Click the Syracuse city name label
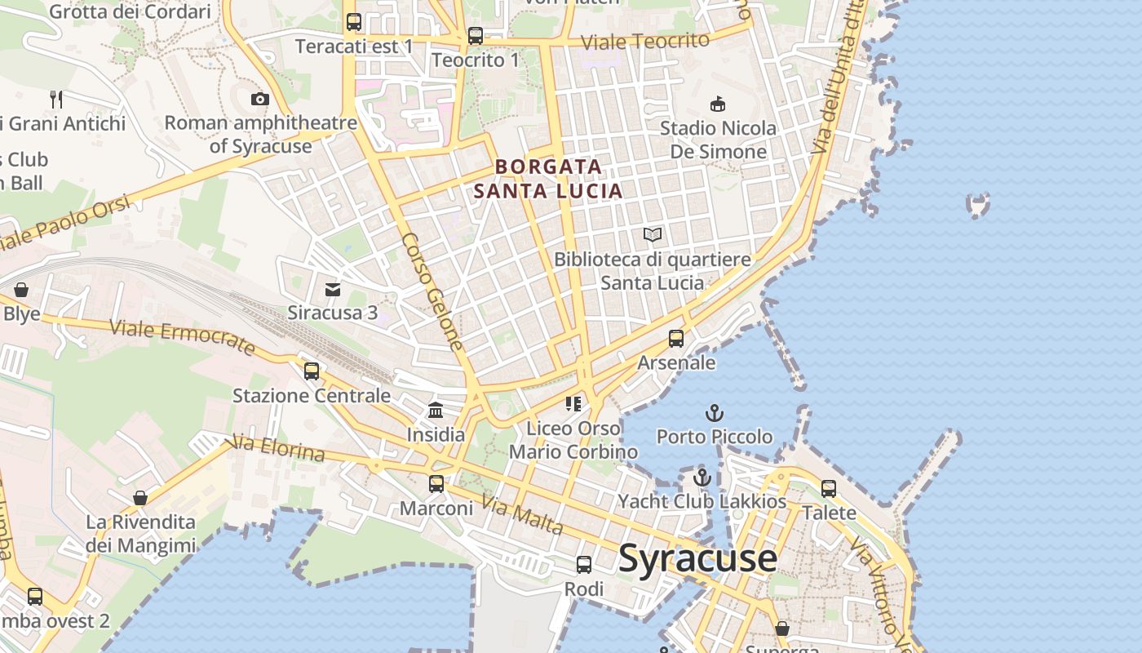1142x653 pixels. (x=697, y=559)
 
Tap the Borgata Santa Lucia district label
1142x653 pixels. (x=548, y=179)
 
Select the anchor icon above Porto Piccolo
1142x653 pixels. (x=715, y=413)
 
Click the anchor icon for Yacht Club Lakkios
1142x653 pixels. (x=702, y=478)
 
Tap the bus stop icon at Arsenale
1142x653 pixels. (x=676, y=339)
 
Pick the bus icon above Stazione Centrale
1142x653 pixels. (x=312, y=371)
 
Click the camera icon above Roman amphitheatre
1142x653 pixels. (x=260, y=100)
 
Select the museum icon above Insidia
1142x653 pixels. (x=436, y=410)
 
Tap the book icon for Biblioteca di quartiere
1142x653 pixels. (x=653, y=235)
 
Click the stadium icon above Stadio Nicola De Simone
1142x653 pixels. (x=718, y=104)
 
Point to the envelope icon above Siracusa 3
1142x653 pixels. (x=333, y=290)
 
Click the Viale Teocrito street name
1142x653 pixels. (x=645, y=41)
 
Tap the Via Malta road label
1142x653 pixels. (x=522, y=515)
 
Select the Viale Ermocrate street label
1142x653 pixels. (x=182, y=336)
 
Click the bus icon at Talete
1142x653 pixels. (x=829, y=489)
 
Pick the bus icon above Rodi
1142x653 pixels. (x=584, y=565)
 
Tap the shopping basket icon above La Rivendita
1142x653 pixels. (x=140, y=498)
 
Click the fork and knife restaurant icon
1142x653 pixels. (x=56, y=100)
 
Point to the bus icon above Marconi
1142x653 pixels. (x=436, y=484)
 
